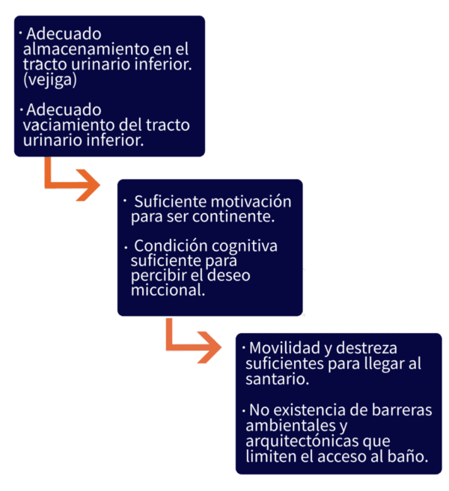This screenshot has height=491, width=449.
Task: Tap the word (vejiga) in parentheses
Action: point(50,80)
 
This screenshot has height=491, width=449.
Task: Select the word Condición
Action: point(171,246)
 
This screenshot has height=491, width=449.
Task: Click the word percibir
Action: point(159,276)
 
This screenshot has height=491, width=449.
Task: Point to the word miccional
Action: point(168,290)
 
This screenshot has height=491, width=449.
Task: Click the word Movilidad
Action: point(284,348)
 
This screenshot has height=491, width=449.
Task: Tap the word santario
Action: point(277,379)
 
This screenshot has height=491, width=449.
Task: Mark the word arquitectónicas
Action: point(302,442)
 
